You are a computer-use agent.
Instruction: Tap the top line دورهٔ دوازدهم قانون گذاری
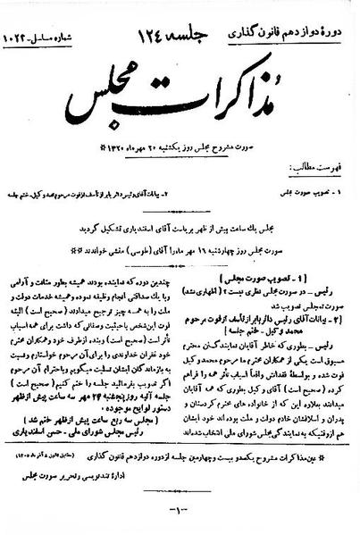(x=307, y=14)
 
